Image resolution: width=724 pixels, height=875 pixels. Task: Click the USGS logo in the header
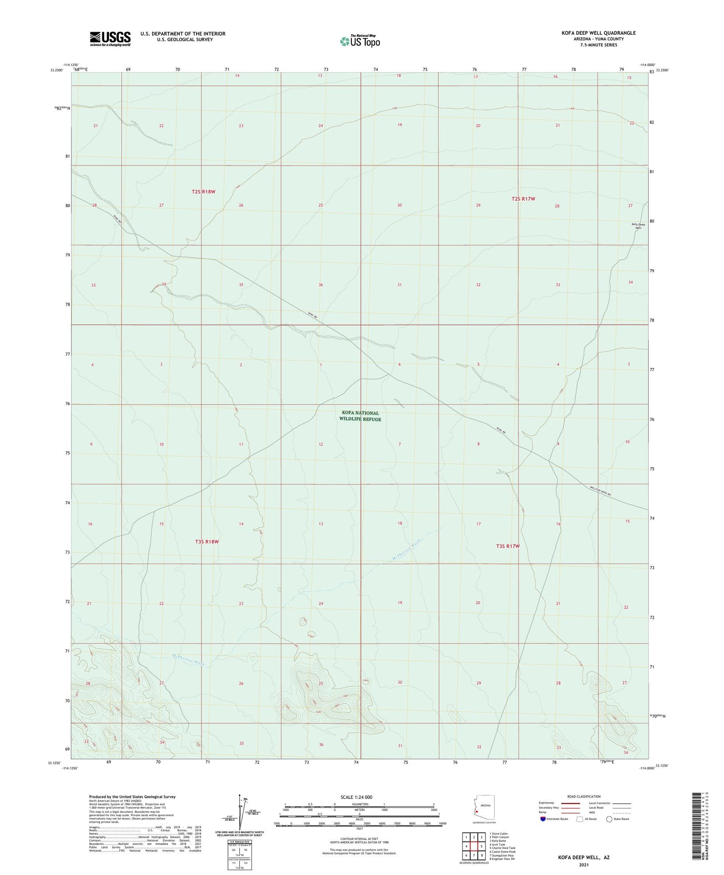[x=110, y=39]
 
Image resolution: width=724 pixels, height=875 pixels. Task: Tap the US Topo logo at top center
[x=360, y=41]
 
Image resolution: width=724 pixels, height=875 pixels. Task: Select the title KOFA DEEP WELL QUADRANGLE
[x=595, y=33]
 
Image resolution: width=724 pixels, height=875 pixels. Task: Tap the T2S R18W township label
[x=203, y=192]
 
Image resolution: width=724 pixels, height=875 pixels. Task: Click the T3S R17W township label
[x=508, y=546]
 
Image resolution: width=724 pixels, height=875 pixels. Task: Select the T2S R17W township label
[x=523, y=199]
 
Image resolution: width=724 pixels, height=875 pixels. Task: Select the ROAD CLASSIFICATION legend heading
[x=584, y=796]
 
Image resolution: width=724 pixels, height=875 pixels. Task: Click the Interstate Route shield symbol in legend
[x=543, y=819]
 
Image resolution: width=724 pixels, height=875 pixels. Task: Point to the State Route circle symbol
[x=609, y=819]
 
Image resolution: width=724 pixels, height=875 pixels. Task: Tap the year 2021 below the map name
[x=584, y=863]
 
